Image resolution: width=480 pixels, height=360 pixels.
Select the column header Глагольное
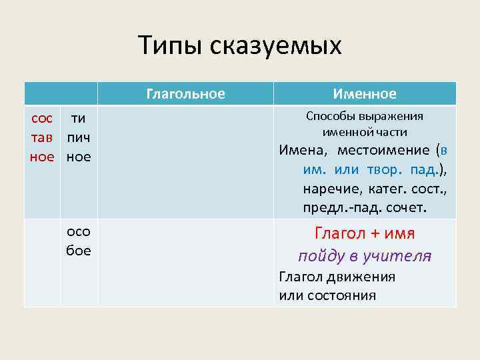(185, 94)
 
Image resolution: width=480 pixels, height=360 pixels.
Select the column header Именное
(365, 94)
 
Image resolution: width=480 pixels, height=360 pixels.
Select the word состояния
(337, 295)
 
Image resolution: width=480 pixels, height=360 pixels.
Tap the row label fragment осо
(78, 232)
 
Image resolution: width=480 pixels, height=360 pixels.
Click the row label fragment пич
(78, 138)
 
